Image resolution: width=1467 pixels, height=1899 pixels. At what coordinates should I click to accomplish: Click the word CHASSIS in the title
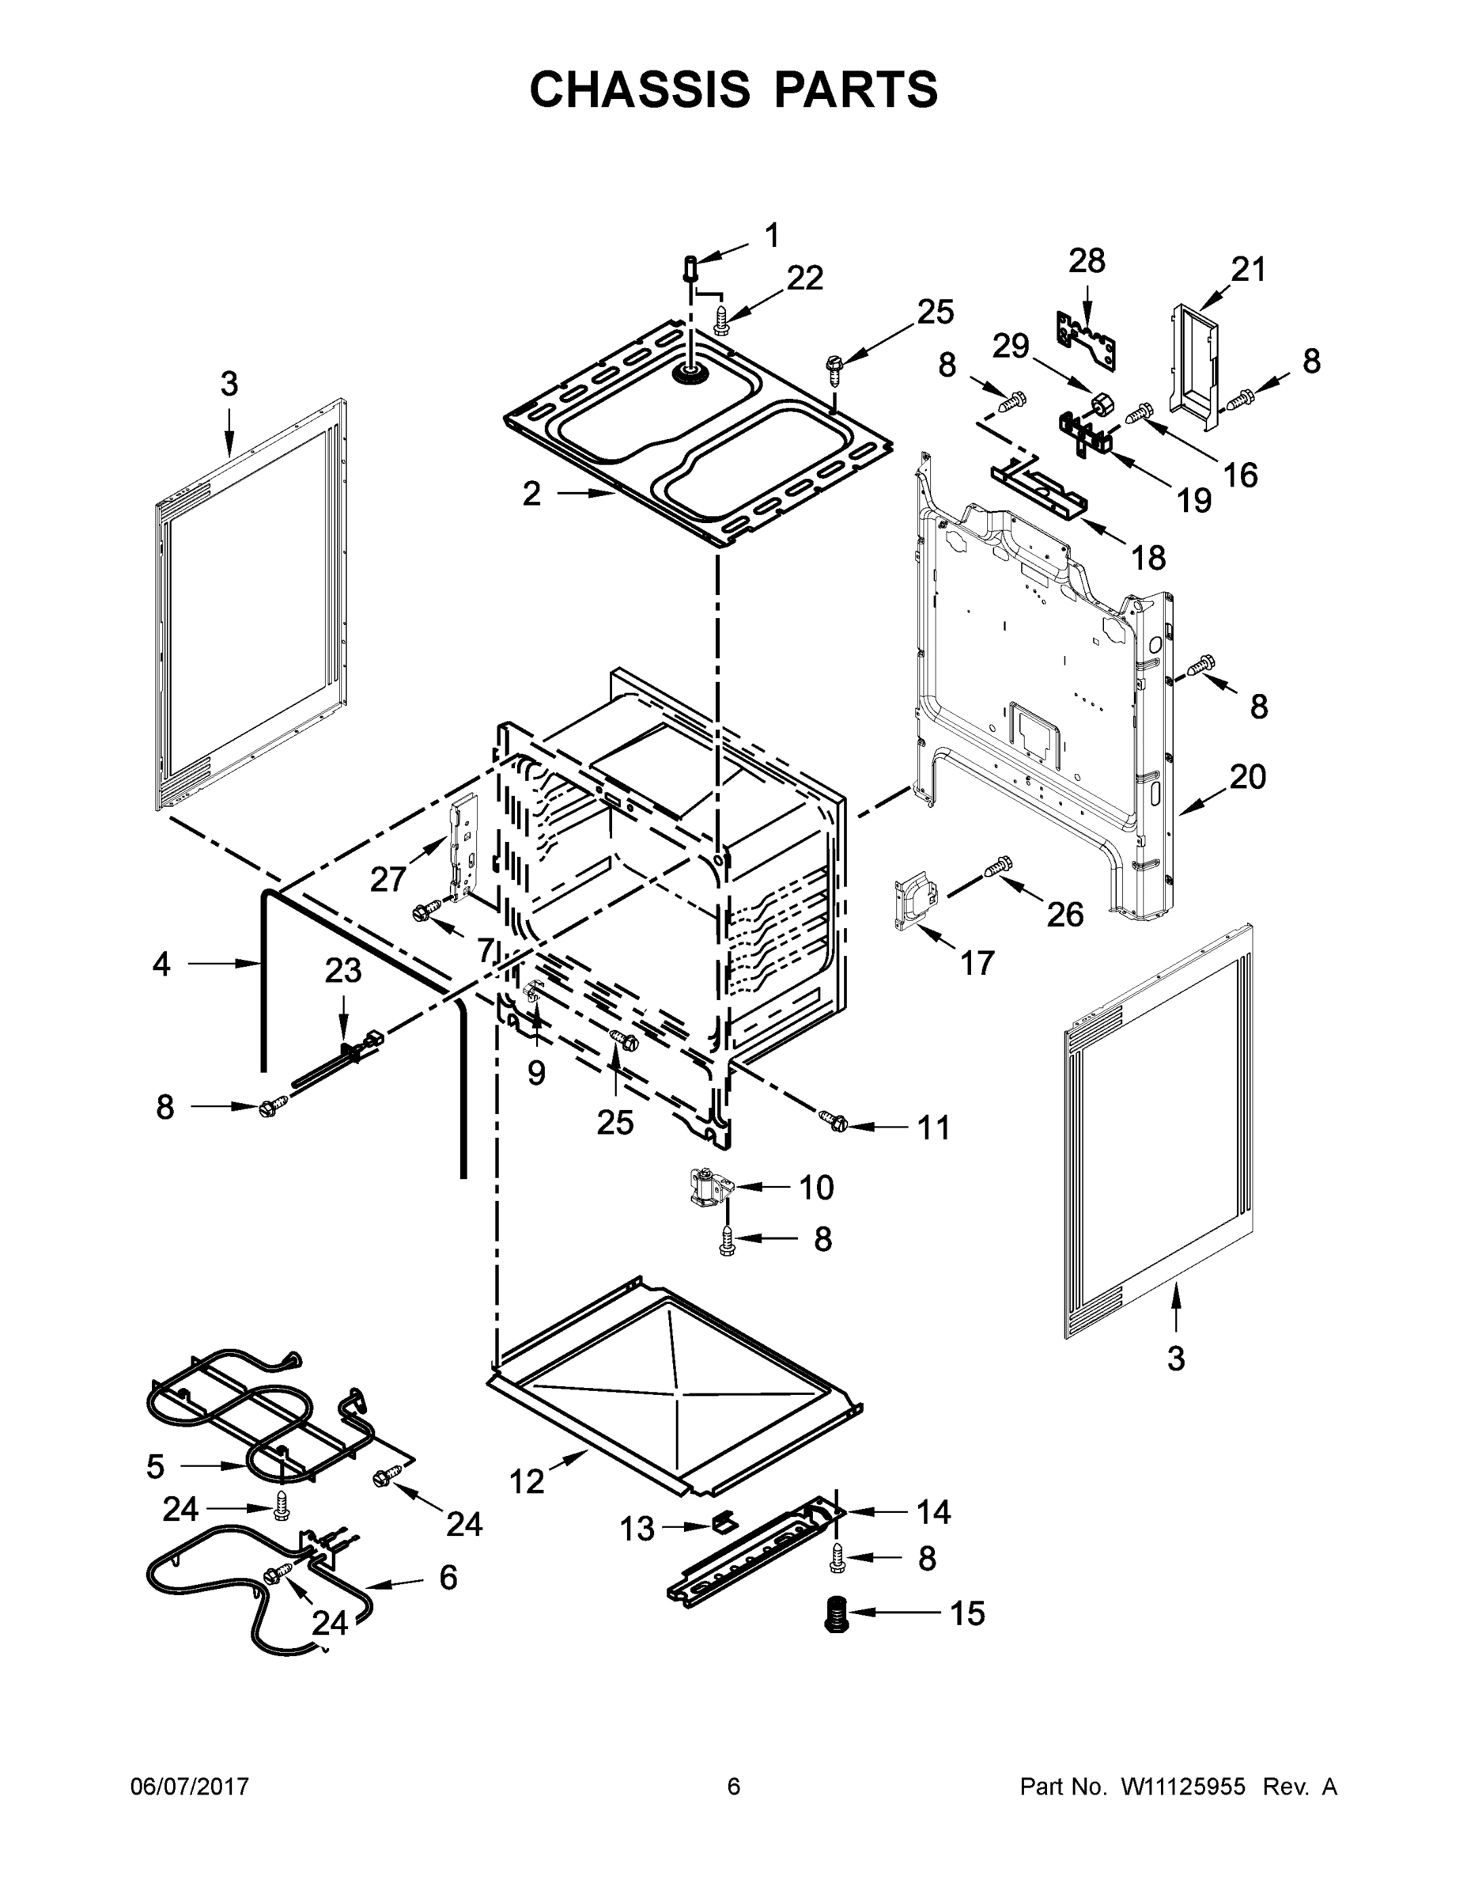coord(640,89)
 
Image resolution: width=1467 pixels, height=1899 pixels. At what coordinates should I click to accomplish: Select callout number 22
coord(805,279)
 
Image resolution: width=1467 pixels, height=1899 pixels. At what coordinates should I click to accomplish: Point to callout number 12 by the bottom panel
coord(527,1480)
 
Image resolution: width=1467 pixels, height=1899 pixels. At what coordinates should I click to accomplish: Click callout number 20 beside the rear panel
coord(1247,776)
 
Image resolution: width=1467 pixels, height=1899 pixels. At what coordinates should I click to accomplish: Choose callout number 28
coord(1087,261)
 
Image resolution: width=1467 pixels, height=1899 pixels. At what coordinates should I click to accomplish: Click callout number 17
coord(977,964)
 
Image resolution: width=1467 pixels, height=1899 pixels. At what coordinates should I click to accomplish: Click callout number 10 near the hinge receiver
coord(815,1188)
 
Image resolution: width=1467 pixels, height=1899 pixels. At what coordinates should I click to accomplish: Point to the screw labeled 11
coord(833,1122)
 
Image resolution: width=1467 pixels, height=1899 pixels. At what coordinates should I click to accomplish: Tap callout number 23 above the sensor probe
coord(342,970)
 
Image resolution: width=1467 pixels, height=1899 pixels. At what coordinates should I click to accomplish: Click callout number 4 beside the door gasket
coord(161,965)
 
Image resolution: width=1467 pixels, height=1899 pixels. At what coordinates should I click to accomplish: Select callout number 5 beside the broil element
coord(156,1467)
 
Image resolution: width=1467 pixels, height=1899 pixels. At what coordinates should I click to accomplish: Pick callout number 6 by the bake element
coord(448,1577)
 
